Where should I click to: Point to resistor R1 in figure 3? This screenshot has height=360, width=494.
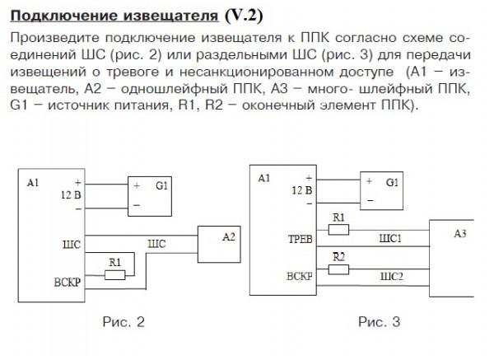coord(338,230)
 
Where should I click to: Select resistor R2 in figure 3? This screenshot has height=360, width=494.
coord(338,269)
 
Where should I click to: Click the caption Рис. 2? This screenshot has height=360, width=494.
coord(123,322)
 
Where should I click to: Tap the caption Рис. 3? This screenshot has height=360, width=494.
coord(380,322)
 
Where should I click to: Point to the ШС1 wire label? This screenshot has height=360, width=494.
coord(389,239)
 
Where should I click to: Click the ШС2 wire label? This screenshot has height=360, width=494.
coord(390,276)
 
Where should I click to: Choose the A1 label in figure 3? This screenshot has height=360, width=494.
coord(263,178)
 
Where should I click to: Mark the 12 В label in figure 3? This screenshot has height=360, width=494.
coord(301,189)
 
